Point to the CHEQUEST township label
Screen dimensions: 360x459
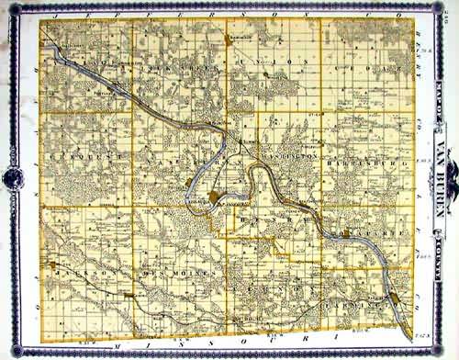tap(77, 157)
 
